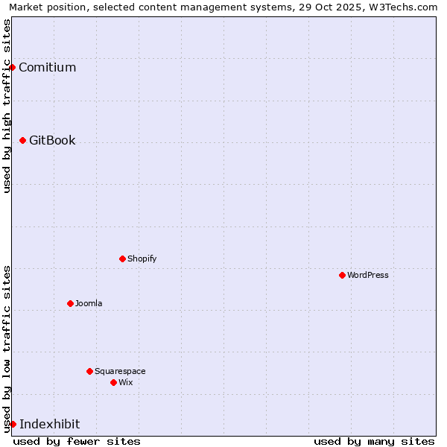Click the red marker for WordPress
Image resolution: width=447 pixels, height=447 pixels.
pos(342,275)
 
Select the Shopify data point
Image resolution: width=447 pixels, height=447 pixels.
pos(122,259)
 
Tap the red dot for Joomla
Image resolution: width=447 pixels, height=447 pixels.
pos(70,303)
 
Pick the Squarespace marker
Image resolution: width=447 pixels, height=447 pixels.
pos(89,371)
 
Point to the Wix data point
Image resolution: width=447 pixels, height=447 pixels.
pos(113,382)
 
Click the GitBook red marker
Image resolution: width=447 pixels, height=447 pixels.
pos(22,140)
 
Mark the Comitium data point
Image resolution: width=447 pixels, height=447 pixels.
pos(12,67)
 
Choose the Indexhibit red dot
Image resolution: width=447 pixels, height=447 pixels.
pos(13,424)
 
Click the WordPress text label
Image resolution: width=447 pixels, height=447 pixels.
pos(368,275)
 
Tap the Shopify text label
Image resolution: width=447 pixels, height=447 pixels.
pos(142,259)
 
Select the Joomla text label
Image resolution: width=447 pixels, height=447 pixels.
pos(89,303)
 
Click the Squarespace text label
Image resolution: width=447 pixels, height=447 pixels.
pos(120,371)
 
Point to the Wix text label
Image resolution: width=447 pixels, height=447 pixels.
pos(125,382)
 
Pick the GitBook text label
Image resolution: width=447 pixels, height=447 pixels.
pos(52,140)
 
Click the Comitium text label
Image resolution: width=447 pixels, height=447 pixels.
pos(47,67)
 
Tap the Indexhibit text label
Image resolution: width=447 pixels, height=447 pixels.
pos(49,424)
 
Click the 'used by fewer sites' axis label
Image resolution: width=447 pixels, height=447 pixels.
pos(77,441)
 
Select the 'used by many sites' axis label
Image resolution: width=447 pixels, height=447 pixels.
pos(374,441)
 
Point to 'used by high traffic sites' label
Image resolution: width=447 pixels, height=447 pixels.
pos(7,106)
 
